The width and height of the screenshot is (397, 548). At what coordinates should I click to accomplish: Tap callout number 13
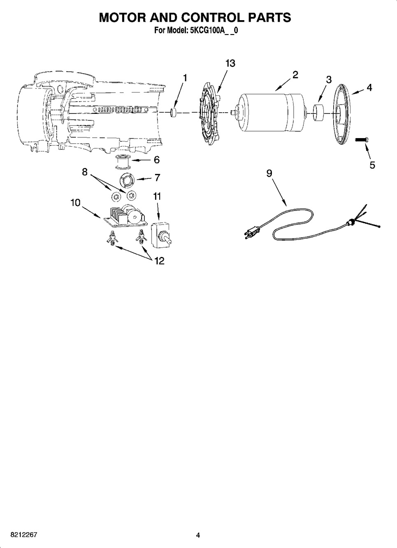point(230,63)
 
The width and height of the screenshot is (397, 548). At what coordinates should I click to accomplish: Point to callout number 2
point(295,75)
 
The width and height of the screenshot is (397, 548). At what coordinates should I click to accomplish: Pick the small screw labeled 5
point(362,140)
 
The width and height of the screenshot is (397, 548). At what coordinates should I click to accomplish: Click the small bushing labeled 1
point(174,113)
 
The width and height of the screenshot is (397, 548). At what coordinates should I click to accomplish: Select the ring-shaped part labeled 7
point(127,180)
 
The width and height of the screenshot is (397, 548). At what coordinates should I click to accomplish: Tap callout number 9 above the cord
point(269,173)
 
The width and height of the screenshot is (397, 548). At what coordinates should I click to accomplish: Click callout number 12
point(159,261)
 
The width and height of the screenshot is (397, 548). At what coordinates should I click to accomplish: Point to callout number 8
point(85,172)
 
